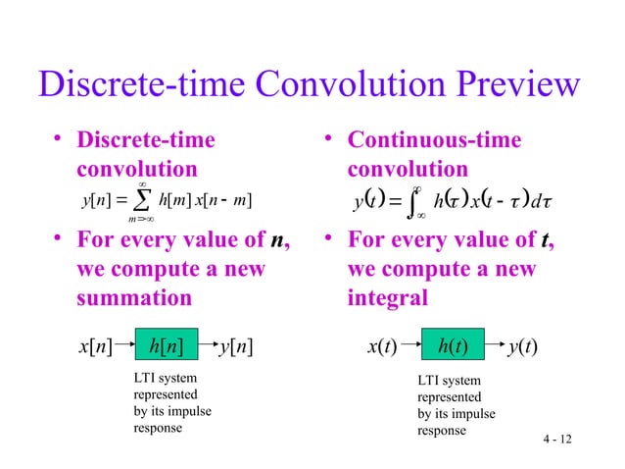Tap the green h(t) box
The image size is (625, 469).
coord(452,345)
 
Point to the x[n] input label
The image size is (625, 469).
coord(93,345)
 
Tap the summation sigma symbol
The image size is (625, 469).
coord(143,202)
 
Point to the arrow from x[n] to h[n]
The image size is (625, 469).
coord(124,345)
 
